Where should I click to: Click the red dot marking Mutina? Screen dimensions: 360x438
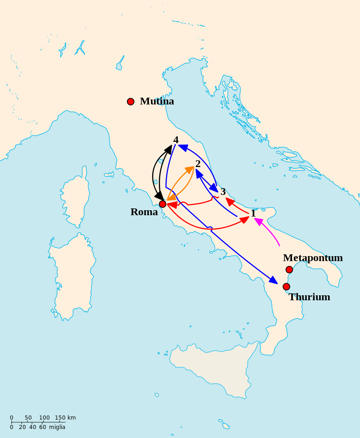(130, 102)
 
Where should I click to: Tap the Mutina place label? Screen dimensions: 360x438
(157, 101)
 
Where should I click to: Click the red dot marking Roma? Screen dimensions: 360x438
(162, 204)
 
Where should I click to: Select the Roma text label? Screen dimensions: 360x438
(144, 212)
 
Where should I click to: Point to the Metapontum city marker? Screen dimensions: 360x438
(289, 270)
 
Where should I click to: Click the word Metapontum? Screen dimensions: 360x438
(313, 258)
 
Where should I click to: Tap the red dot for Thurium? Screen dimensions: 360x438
(286, 287)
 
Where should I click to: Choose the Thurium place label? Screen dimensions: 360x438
(309, 297)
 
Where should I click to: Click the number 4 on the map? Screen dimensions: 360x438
(176, 140)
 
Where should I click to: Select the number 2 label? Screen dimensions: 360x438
(198, 164)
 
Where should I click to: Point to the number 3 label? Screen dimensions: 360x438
(223, 192)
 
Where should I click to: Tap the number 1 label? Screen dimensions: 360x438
(253, 213)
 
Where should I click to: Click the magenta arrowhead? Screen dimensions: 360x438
(258, 221)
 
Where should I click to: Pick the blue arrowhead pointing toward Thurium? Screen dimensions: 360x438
(274, 280)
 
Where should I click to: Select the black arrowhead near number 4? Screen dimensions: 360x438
(168, 149)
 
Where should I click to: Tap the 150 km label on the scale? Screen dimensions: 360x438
(65, 418)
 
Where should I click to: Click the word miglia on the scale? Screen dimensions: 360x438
(57, 427)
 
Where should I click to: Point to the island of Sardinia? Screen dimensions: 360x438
(72, 275)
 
